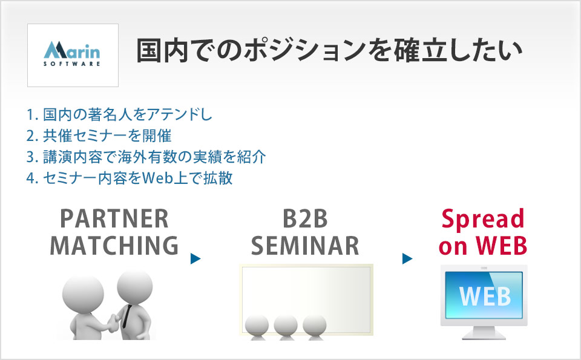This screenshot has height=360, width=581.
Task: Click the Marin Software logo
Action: (x=72, y=54)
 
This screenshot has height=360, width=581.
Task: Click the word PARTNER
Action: (x=114, y=219)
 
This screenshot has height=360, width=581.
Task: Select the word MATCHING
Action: (x=114, y=246)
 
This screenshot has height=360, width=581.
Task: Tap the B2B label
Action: (x=305, y=219)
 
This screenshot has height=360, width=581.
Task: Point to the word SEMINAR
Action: (x=305, y=246)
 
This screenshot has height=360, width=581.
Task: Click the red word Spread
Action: (x=483, y=220)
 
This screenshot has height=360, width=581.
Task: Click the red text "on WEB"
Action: (x=483, y=246)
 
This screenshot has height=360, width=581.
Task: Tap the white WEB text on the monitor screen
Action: (x=485, y=296)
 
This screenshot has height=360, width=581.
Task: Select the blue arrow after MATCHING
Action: (x=195, y=258)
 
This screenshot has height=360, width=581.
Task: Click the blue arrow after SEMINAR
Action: (x=407, y=258)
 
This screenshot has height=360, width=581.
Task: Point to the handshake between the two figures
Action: (x=111, y=321)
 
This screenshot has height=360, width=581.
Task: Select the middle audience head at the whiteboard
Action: (x=285, y=325)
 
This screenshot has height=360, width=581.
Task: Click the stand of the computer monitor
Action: (x=484, y=333)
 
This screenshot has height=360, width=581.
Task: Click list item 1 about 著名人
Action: (x=119, y=114)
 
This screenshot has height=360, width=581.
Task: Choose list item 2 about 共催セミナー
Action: (x=99, y=136)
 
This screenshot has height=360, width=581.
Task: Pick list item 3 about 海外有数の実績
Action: (x=146, y=157)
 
